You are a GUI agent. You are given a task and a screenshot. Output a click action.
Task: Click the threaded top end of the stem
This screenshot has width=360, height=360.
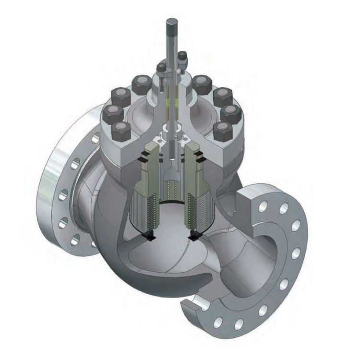click(x=172, y=29)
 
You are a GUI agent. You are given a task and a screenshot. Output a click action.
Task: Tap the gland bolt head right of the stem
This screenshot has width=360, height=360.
click(x=182, y=57)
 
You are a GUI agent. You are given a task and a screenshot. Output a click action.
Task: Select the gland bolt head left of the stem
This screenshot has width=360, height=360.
click(x=161, y=67)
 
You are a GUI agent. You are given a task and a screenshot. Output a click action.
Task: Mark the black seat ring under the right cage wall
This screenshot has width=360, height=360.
click(x=194, y=235)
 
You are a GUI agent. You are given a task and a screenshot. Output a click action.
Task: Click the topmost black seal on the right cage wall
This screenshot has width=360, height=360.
click(x=199, y=155)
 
